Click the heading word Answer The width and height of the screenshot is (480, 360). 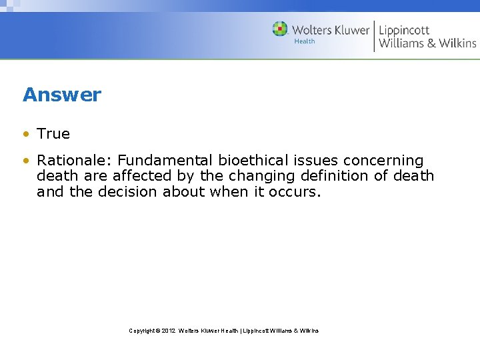tap(62, 95)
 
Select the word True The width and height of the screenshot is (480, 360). tap(53, 133)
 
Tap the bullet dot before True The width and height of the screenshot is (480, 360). tap(25, 134)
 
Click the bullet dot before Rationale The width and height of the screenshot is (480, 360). tap(25, 161)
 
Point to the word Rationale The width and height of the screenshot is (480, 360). tap(75, 161)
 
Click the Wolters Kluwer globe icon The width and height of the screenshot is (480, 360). tap(280, 29)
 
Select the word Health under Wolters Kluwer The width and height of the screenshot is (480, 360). tap(305, 41)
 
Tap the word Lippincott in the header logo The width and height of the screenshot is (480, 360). tap(404, 30)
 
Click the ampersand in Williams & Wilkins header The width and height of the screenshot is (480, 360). tap(431, 43)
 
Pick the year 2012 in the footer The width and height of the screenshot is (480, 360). tap(168, 331)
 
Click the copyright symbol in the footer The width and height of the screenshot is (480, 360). tap(157, 331)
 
